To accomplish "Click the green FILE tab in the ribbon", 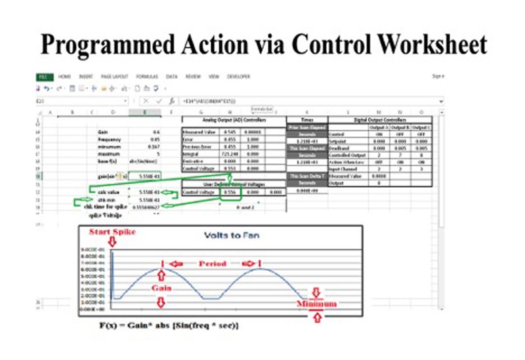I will point(43,77).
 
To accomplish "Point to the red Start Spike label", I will point(111,231).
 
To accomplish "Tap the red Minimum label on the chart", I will point(316,304).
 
